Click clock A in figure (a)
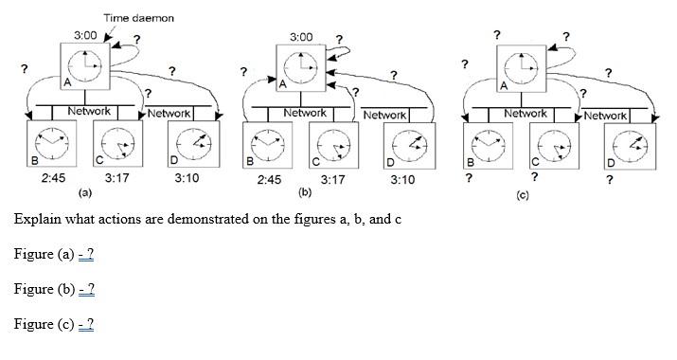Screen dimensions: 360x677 83,67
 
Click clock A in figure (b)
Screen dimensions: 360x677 300,67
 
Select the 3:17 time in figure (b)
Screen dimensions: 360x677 332,178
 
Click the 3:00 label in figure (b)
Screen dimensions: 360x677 300,37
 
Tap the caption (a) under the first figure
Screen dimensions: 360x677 83,192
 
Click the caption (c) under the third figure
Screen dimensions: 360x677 522,194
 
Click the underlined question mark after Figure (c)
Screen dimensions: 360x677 86,324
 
